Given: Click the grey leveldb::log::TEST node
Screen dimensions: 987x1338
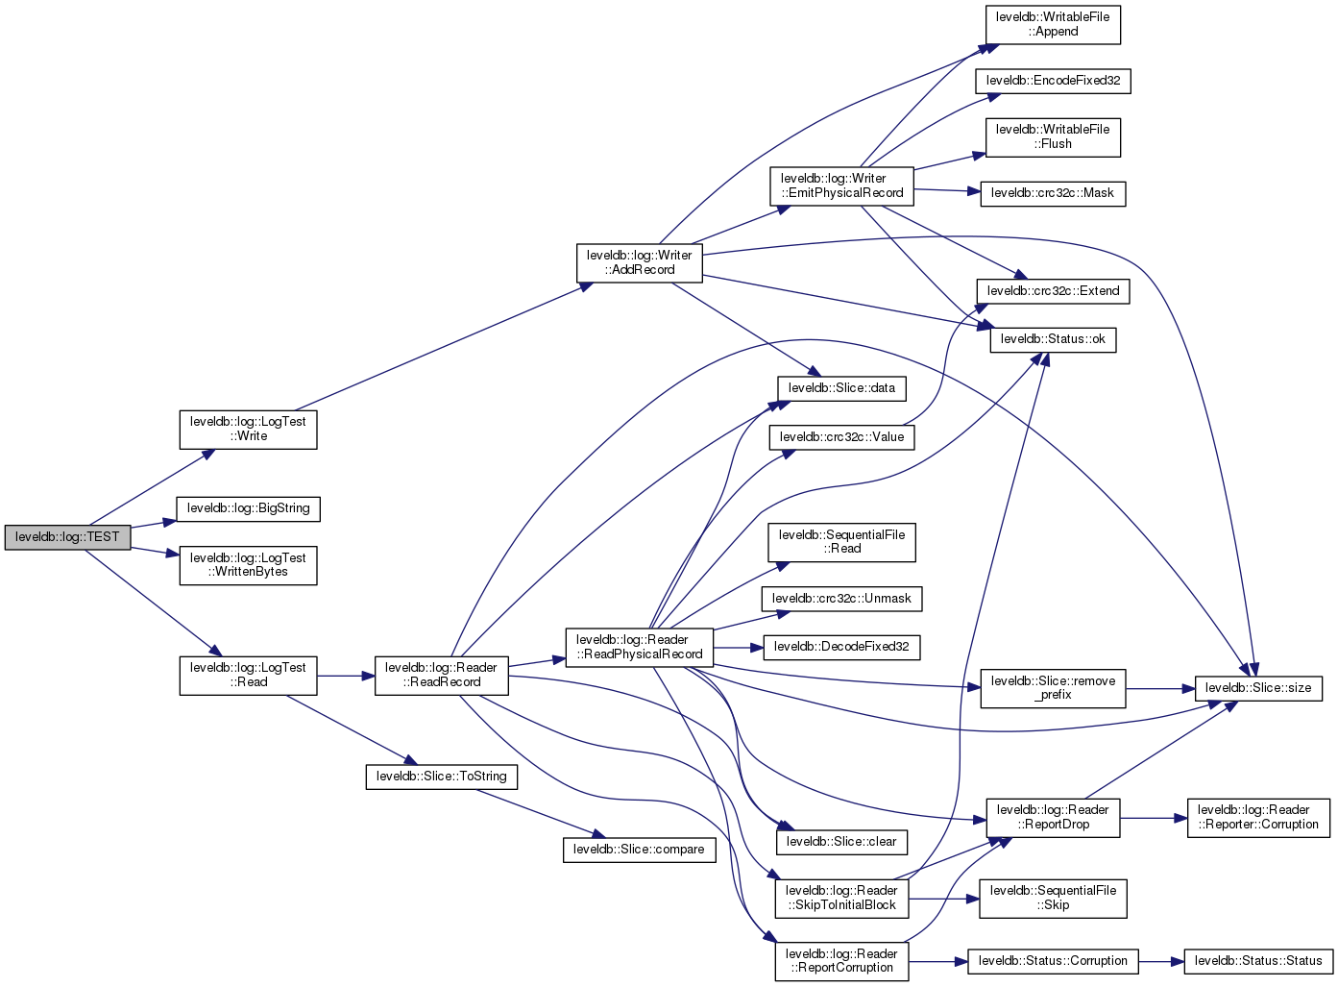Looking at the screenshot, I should (67, 537).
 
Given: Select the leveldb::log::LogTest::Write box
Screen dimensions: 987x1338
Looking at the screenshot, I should (248, 429).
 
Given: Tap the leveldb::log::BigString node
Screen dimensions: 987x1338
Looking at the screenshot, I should (248, 508).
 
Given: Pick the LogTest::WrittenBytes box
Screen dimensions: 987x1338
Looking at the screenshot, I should (248, 565).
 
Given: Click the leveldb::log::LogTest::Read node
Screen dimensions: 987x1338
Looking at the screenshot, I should (248, 675).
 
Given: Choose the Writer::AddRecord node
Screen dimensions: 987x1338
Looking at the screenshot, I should (640, 262).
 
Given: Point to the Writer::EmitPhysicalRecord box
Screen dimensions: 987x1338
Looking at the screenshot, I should (841, 185).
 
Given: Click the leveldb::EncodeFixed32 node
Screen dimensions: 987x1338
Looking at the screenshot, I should (1053, 81).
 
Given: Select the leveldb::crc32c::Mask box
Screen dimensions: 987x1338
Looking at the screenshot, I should (1052, 193).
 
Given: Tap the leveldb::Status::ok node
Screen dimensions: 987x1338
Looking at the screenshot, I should (1053, 339).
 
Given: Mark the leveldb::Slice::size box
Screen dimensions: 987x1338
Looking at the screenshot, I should (1257, 688).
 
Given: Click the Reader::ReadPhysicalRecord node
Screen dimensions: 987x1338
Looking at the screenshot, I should (640, 647).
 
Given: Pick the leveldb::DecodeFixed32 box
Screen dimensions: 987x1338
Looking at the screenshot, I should (841, 647).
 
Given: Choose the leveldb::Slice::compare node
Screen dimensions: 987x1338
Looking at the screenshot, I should (639, 850).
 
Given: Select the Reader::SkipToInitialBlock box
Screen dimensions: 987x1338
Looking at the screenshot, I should (841, 898).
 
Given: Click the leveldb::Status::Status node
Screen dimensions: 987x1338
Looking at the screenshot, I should (1258, 961).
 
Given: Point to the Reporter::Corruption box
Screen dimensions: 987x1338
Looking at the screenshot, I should (1258, 817).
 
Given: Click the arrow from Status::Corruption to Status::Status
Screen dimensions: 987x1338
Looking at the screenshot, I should (1160, 961).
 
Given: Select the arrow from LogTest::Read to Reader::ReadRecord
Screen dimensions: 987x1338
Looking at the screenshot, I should (345, 677).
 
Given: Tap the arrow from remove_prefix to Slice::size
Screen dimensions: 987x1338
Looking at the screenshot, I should (1159, 689).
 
